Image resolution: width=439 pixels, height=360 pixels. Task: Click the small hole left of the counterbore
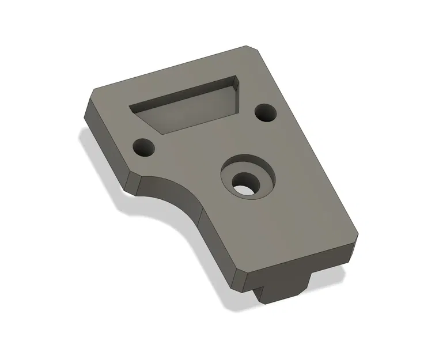[144, 148]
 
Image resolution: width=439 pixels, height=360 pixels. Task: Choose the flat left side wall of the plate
[107, 144]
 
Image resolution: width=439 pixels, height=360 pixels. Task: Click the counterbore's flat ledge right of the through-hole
[262, 179]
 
